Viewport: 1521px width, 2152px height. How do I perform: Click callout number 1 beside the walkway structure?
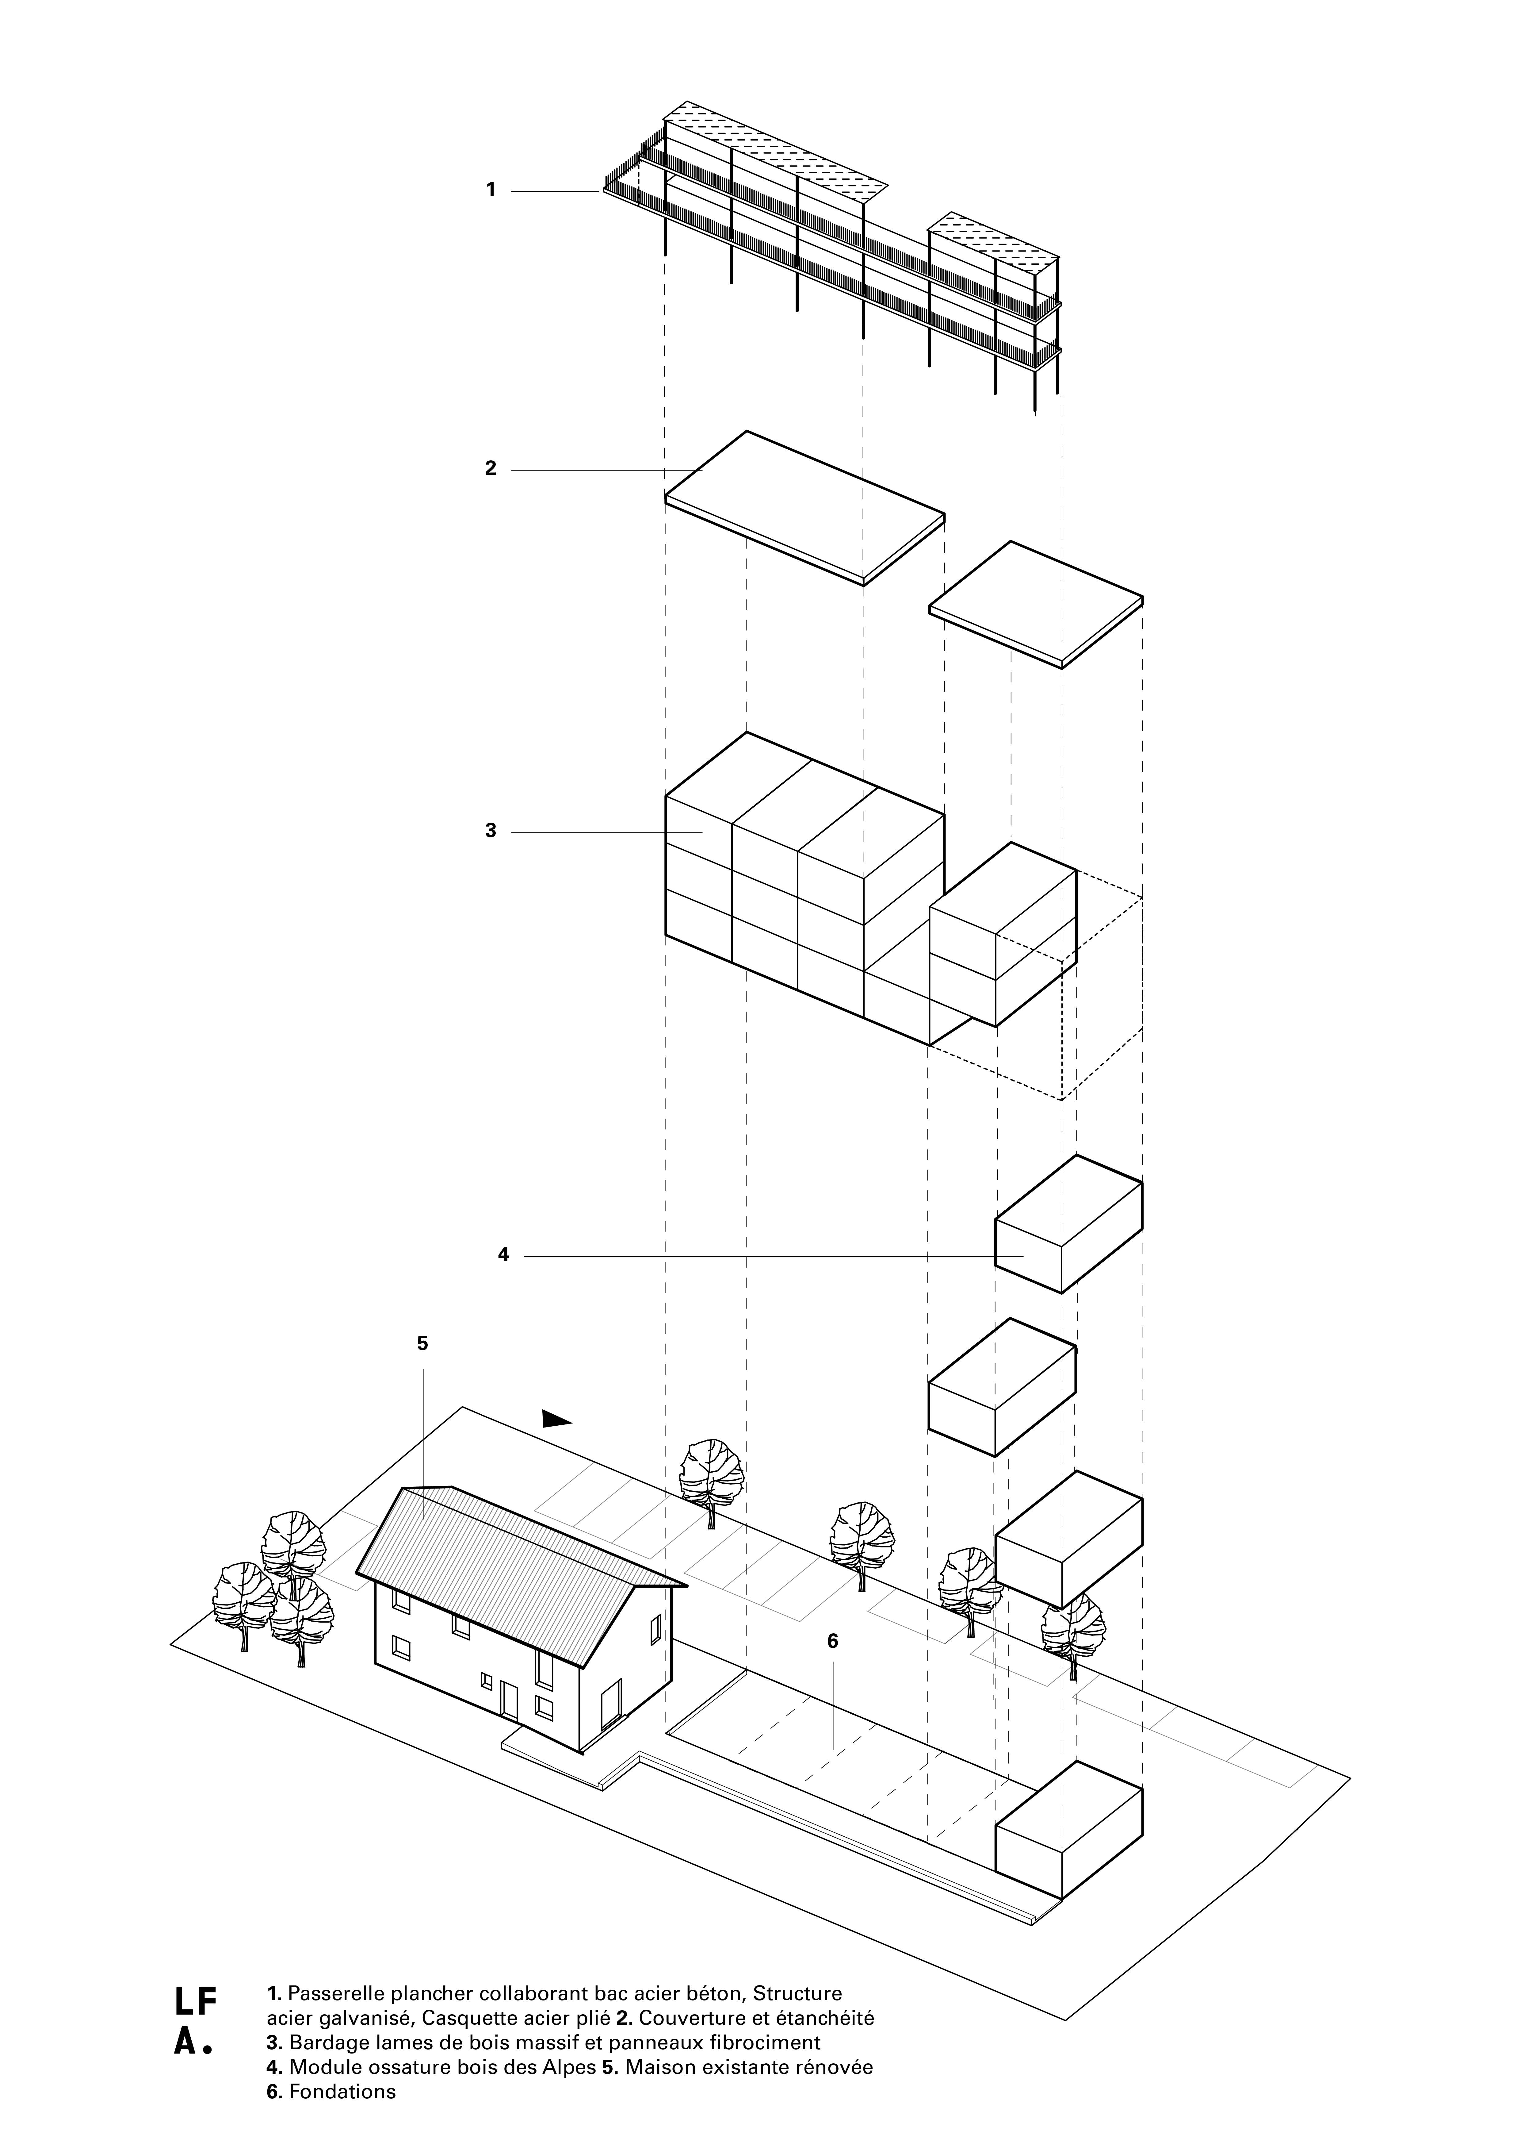490,190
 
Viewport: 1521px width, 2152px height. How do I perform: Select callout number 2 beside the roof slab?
490,469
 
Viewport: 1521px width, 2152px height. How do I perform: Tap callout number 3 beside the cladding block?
490,830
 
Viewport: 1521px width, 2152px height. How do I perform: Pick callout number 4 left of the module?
503,1255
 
